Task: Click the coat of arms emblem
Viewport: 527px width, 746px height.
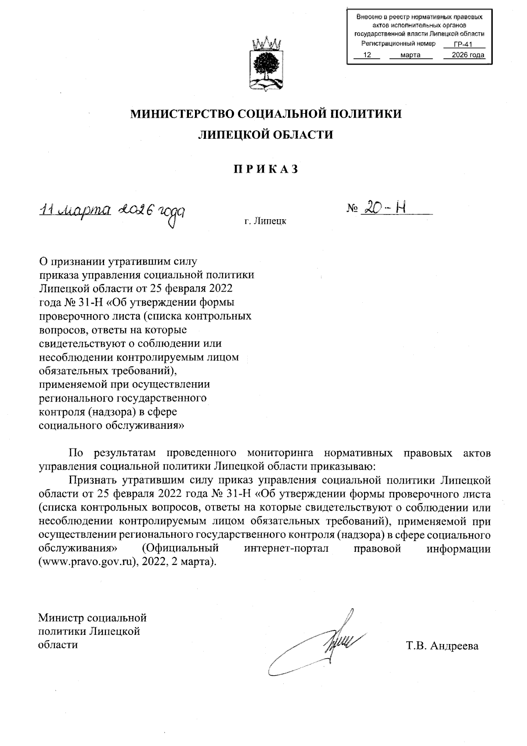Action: tap(266, 65)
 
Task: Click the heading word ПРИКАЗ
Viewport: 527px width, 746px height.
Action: tap(266, 169)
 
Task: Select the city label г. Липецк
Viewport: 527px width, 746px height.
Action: tap(266, 221)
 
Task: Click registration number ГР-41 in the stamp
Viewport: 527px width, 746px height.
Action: tap(463, 44)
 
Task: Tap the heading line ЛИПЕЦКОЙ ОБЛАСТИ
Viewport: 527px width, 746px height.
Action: tap(266, 135)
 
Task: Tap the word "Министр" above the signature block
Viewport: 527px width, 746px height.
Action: tap(61, 618)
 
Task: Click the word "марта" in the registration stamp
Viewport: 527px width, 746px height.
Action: tap(411, 55)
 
